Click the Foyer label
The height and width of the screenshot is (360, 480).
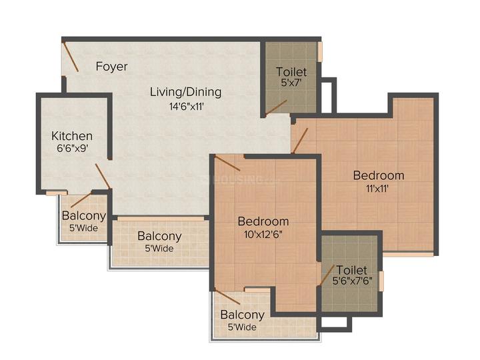pos(112,67)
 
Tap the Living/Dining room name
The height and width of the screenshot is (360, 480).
pos(186,92)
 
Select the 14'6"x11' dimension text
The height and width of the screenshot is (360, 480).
pos(187,107)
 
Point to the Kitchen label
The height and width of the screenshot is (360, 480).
pos(72,136)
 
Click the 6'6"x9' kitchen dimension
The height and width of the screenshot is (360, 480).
pos(73,149)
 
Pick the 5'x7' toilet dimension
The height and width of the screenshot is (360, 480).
pos(291,83)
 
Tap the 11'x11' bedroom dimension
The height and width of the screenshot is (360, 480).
pos(377,188)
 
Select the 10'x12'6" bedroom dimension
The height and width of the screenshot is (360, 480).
pos(263,235)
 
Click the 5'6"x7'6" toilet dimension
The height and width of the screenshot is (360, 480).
pos(353,281)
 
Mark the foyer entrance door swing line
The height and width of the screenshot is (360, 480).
pos(71,57)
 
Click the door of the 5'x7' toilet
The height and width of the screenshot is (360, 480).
pos(276,107)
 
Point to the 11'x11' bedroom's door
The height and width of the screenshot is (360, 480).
pos(300,141)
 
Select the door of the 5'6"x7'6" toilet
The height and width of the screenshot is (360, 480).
pos(327,275)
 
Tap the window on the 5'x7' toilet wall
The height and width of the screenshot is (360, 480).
pos(320,51)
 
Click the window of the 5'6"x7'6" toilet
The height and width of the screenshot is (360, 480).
pos(381,281)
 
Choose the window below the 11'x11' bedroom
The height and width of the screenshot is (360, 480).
pos(408,254)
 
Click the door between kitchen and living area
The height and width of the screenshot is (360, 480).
pos(103,176)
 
